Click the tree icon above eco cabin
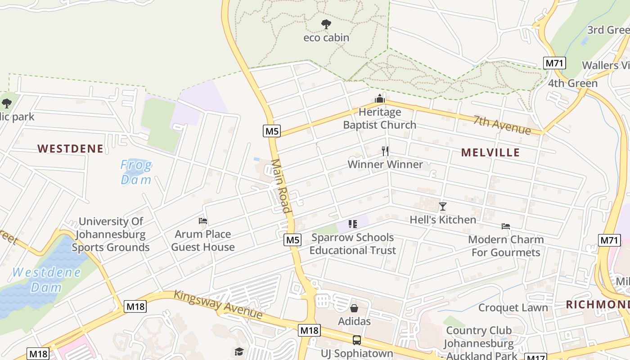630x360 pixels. click(326, 24)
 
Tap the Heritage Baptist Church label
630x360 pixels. click(380, 118)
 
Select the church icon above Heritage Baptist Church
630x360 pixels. click(380, 98)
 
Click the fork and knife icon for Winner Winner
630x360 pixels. click(385, 151)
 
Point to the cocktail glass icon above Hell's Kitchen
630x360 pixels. click(443, 207)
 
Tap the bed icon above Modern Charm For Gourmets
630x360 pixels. click(506, 226)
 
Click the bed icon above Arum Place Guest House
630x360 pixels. click(203, 221)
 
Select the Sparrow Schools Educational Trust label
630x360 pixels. click(352, 244)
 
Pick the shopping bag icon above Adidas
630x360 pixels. click(354, 308)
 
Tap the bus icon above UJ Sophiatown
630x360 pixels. click(357, 340)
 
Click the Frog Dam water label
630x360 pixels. click(136, 172)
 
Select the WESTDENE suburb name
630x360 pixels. click(70, 148)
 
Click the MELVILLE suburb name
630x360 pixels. click(490, 153)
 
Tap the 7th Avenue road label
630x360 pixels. click(502, 125)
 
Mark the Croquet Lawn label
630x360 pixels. click(513, 308)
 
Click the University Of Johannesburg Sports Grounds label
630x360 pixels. click(111, 234)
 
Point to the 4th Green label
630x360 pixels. click(572, 83)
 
